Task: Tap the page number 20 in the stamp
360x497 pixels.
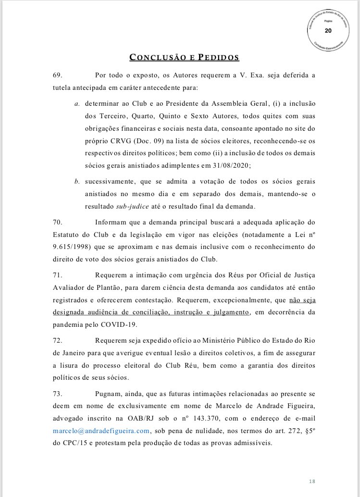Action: pos(328,31)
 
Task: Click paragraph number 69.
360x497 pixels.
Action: pos(57,75)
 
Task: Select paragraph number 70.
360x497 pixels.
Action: pos(57,223)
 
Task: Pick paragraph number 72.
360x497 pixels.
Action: pos(57,340)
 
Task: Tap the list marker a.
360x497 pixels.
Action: pos(77,104)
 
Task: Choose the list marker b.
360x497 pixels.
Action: pos(77,182)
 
